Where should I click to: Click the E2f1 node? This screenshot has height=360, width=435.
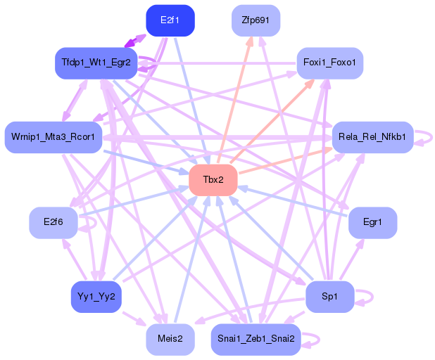[x=170, y=20]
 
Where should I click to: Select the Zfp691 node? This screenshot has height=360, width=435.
[x=256, y=20]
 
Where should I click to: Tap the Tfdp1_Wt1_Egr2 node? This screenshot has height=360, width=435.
[x=95, y=63]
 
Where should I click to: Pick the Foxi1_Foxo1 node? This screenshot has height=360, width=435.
[x=329, y=63]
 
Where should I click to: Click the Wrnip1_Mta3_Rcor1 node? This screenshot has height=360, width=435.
[x=53, y=135]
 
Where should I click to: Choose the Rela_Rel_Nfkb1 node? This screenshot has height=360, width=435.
[x=372, y=136]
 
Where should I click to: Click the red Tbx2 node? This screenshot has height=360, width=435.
[x=213, y=179]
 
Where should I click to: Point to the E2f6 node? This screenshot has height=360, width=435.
[x=53, y=222]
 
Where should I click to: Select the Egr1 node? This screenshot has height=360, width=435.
[x=372, y=222]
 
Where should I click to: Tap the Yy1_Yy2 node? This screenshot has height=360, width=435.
[x=96, y=296]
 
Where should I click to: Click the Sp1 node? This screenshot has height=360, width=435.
[x=329, y=296]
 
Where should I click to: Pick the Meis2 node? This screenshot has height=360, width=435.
[x=170, y=339]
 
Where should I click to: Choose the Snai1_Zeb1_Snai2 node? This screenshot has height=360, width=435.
[x=256, y=340]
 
